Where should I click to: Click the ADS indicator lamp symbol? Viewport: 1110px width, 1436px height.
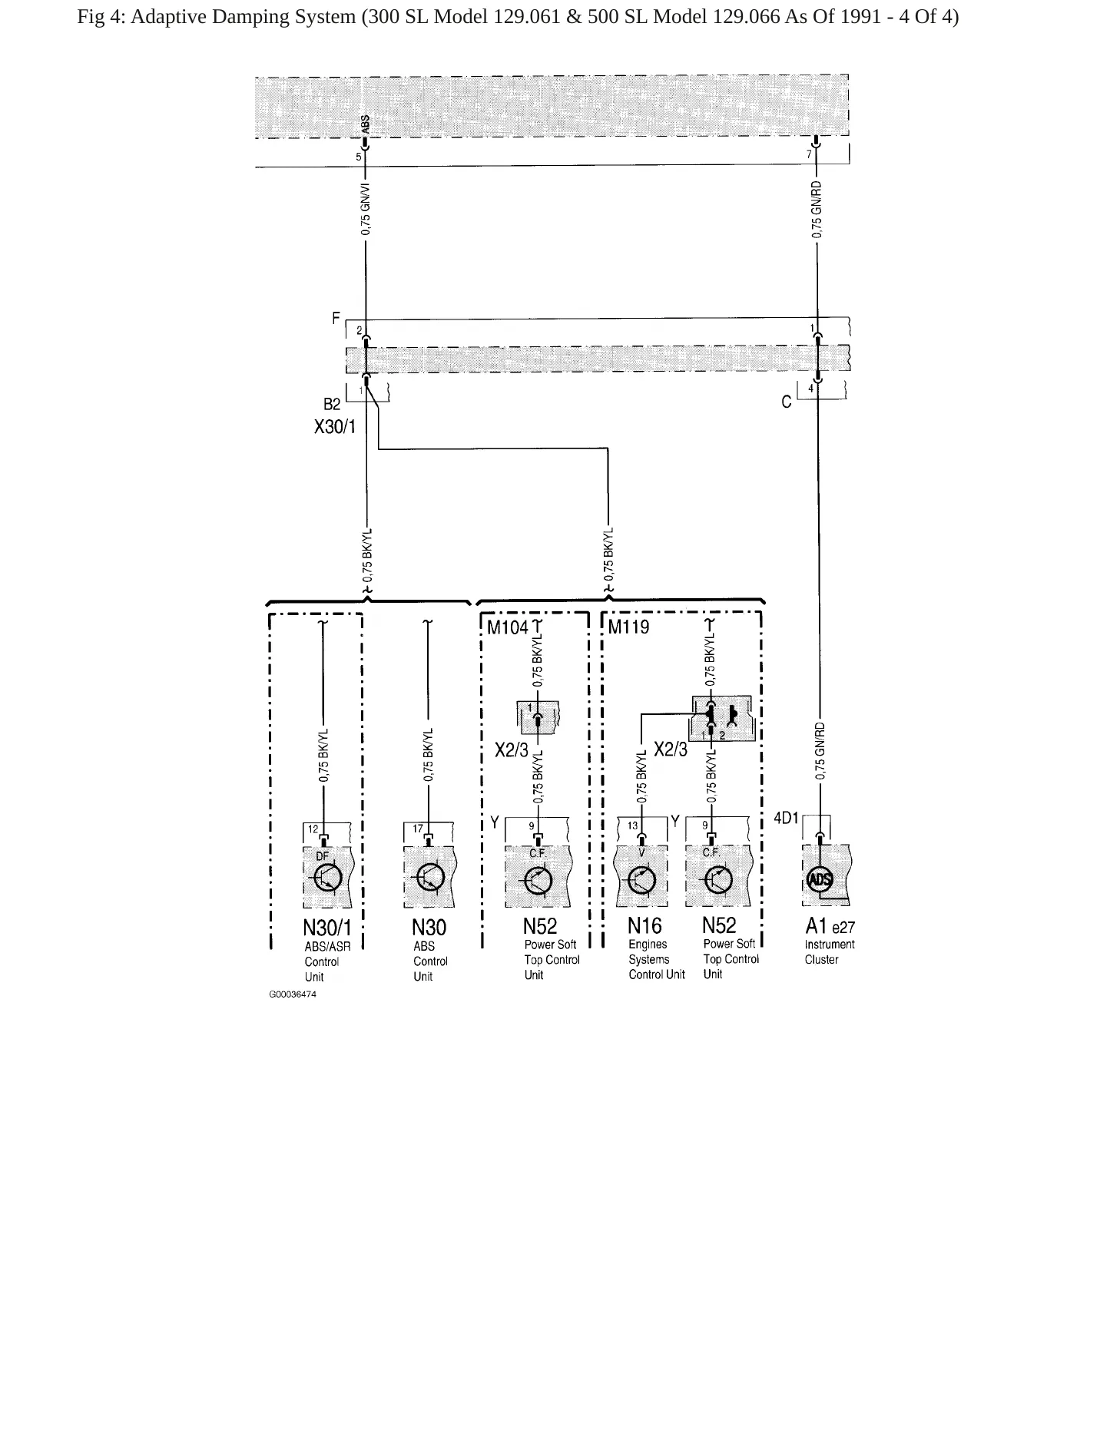pos(820,879)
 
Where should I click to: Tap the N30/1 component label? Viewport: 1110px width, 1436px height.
pos(326,928)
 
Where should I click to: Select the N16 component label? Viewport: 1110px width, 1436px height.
pos(644,926)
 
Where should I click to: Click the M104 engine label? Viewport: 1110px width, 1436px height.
pos(508,627)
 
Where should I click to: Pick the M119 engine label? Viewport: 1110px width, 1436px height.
pos(628,627)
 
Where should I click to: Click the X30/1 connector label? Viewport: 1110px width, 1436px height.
pos(335,427)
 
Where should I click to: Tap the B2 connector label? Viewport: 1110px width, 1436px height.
pos(331,405)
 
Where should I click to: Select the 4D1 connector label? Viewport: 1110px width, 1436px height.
pos(786,819)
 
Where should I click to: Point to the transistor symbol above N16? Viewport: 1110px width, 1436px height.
pos(641,880)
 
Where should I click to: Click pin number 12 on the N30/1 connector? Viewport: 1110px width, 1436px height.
pos(313,829)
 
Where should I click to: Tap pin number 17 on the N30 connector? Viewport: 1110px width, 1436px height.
pos(417,829)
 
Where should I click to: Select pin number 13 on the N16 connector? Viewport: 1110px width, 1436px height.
pos(632,826)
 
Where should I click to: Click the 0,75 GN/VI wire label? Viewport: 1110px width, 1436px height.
pos(366,208)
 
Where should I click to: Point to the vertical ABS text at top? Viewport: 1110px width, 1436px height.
pos(366,124)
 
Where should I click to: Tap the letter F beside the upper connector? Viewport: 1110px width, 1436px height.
pos(336,318)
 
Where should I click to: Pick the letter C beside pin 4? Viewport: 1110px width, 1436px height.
pos(786,402)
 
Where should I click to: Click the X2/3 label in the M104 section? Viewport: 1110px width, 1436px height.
pos(512,750)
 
